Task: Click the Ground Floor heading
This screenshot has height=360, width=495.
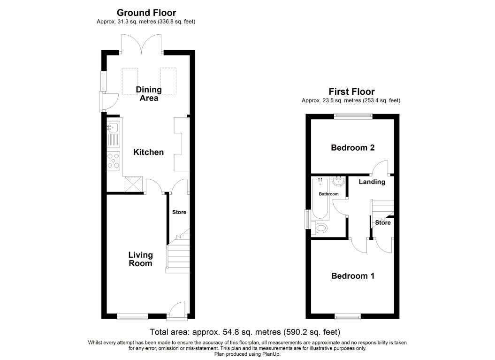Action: (x=146, y=13)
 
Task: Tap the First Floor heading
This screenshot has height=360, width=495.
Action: (x=351, y=92)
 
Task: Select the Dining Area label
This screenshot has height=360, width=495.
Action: (x=148, y=94)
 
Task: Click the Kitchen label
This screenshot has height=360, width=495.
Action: (x=148, y=152)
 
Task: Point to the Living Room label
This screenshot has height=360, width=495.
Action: (x=141, y=259)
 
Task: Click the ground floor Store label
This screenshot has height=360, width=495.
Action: (x=179, y=212)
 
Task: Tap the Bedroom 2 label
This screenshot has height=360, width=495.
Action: (x=352, y=148)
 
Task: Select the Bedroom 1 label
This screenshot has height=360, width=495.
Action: (x=352, y=276)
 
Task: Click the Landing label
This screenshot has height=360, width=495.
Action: (x=372, y=182)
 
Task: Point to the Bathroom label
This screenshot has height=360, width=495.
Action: (x=328, y=194)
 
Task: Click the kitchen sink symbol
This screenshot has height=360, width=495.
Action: (x=114, y=133)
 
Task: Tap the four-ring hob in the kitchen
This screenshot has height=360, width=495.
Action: (x=114, y=160)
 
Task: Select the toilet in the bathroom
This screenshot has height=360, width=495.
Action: (x=321, y=229)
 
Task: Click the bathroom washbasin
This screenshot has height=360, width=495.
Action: (x=338, y=182)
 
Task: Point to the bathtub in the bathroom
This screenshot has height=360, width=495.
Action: (x=321, y=199)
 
